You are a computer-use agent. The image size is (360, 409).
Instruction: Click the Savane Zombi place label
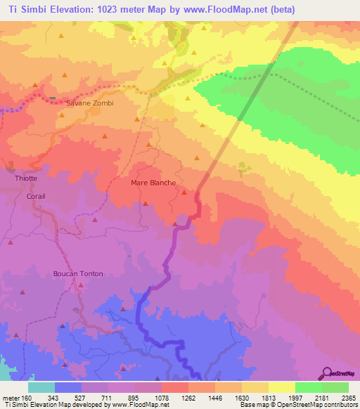click(89, 103)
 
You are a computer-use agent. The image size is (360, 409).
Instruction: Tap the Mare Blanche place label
click(153, 183)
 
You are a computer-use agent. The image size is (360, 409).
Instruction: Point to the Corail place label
click(36, 196)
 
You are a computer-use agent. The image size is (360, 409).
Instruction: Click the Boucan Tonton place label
click(78, 273)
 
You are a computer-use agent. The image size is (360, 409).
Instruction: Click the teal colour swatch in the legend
click(41, 387)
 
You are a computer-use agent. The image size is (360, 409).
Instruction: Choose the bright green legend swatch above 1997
click(308, 387)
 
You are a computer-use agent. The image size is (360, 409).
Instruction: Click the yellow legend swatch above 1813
click(281, 387)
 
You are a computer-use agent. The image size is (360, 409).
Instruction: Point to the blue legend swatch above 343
click(67, 387)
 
